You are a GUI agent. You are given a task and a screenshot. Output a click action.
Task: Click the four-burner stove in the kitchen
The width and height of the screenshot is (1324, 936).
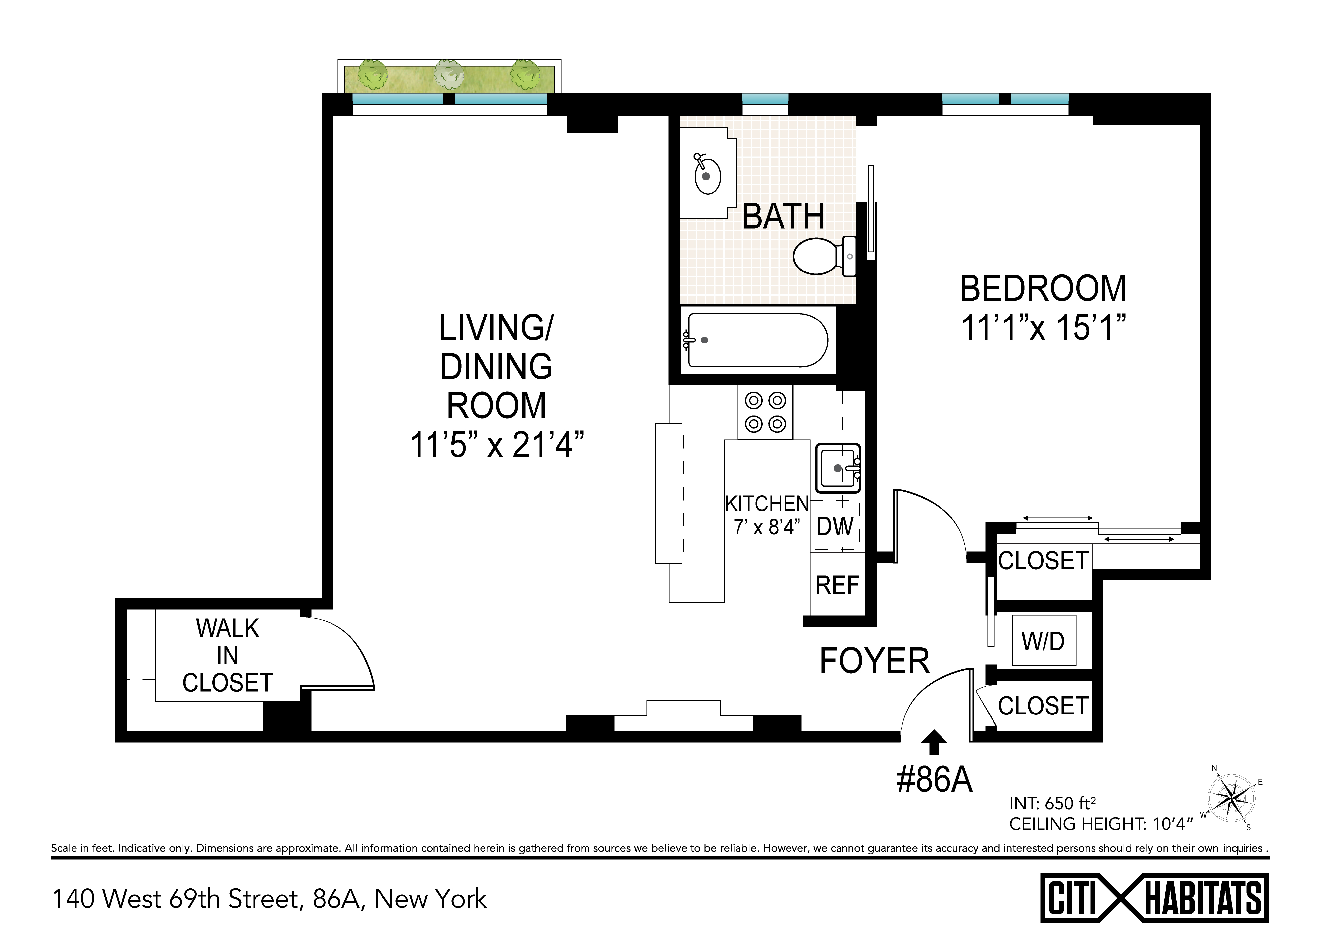tap(765, 412)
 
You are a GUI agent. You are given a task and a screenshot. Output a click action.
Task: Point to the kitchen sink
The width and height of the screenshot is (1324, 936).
tap(838, 468)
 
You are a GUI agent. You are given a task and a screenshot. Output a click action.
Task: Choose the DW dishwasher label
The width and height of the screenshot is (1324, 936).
tap(835, 526)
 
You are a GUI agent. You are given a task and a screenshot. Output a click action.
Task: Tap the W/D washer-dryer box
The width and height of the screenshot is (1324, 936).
tap(1044, 640)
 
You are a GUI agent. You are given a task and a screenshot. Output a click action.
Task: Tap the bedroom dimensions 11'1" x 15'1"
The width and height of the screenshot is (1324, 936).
tap(1043, 327)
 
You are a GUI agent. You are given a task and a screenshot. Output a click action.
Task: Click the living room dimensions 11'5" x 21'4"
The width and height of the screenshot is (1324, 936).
tap(496, 444)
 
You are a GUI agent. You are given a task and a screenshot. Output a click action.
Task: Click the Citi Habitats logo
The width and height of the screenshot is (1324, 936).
tap(1154, 898)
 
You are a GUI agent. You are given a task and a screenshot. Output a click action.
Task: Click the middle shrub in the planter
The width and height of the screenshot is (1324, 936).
tap(449, 74)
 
